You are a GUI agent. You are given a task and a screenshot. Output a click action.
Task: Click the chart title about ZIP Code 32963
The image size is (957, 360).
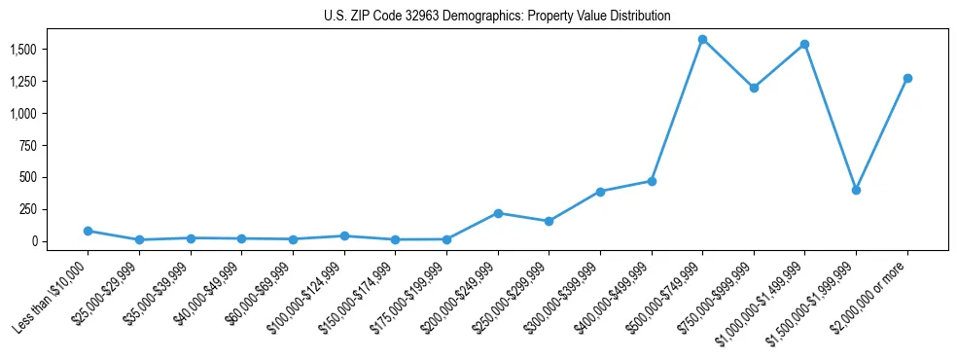[x=497, y=17]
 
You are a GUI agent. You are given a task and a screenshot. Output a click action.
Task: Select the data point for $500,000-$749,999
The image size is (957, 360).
[x=702, y=40]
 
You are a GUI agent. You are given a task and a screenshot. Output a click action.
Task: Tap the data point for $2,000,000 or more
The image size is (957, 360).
[x=907, y=78]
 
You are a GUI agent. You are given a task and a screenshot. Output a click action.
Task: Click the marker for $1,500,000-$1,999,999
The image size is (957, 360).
[x=856, y=190]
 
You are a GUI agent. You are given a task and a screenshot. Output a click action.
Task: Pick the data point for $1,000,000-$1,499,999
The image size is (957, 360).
[x=804, y=45]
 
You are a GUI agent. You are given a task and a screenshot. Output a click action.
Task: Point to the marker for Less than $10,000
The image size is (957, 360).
[x=88, y=231]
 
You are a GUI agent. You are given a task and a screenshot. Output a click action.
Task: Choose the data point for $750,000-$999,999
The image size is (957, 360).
[x=754, y=88]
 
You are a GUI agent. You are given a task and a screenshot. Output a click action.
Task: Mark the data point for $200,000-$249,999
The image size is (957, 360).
[x=498, y=213]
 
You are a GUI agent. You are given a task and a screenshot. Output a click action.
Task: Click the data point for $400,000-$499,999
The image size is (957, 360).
[x=652, y=181]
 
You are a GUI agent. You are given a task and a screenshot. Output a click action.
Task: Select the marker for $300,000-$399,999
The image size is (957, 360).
[x=600, y=192]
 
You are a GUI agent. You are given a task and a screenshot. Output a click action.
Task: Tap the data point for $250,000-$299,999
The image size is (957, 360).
[x=549, y=221]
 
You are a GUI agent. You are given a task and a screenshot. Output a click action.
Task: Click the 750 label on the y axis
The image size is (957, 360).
[x=29, y=145]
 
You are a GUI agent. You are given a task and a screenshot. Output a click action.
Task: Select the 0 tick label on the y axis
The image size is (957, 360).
[x=35, y=241]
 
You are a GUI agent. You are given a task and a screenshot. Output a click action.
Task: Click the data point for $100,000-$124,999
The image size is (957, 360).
[x=343, y=235]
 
